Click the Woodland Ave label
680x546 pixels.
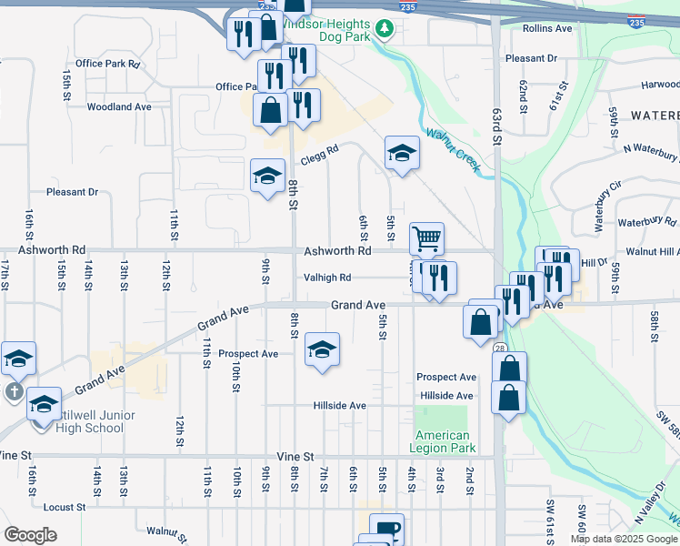point(118,106)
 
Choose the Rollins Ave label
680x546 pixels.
point(547,28)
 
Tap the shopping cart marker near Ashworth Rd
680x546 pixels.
point(426,239)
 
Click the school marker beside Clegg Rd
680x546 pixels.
point(402,154)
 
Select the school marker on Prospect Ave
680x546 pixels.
point(322,349)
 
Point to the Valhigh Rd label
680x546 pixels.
point(327,278)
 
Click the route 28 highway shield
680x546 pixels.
point(500,348)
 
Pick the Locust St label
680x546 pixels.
point(64,506)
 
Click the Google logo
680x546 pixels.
point(30,535)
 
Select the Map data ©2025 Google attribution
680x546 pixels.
point(623,539)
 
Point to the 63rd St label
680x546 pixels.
point(496,126)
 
